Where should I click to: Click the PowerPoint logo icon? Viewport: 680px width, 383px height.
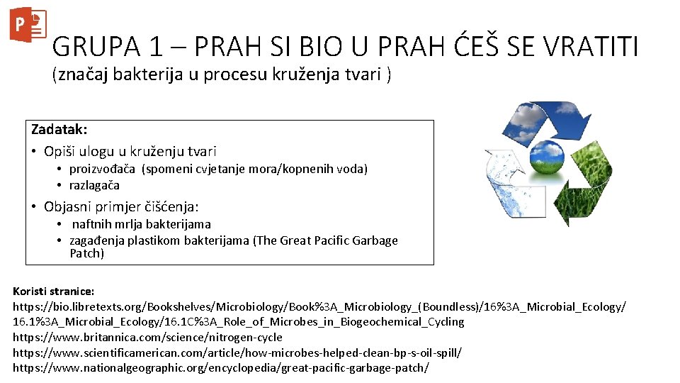[x=28, y=26]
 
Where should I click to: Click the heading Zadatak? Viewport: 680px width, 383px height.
[x=59, y=130]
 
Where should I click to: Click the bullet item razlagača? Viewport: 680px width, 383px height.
[x=94, y=185]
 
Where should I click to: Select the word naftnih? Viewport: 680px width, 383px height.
[x=92, y=224]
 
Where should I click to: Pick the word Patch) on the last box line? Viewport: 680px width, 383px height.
[x=86, y=253]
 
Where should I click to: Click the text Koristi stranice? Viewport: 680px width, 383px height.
[x=54, y=291]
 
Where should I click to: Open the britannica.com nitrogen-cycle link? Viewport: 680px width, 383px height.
[x=147, y=337]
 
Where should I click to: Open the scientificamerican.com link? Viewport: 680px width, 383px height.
[x=237, y=353]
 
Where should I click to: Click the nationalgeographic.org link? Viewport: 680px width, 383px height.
[x=221, y=368]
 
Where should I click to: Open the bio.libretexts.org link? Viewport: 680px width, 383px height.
[x=319, y=306]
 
